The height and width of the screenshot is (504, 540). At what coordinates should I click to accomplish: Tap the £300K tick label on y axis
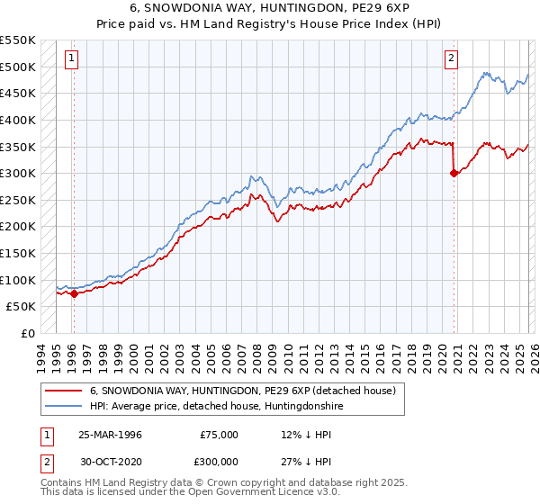(x=18, y=173)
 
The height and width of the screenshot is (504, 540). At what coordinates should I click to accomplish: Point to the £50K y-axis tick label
(x=22, y=307)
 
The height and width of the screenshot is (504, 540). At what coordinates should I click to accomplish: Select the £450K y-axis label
(x=18, y=93)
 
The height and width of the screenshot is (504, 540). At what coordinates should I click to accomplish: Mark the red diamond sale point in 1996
(x=74, y=293)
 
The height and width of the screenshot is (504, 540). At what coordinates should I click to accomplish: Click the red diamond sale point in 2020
(x=454, y=173)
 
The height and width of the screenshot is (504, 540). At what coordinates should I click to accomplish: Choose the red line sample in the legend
(x=63, y=391)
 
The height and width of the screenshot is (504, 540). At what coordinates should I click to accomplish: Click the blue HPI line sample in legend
(x=63, y=406)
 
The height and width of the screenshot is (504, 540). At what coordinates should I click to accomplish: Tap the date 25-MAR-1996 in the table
(x=110, y=435)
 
